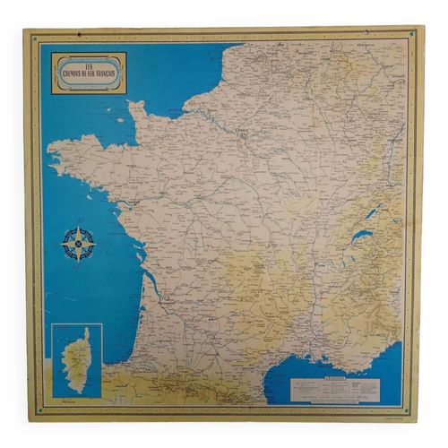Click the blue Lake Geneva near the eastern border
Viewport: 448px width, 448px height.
pyautogui.click(x=361, y=237)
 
